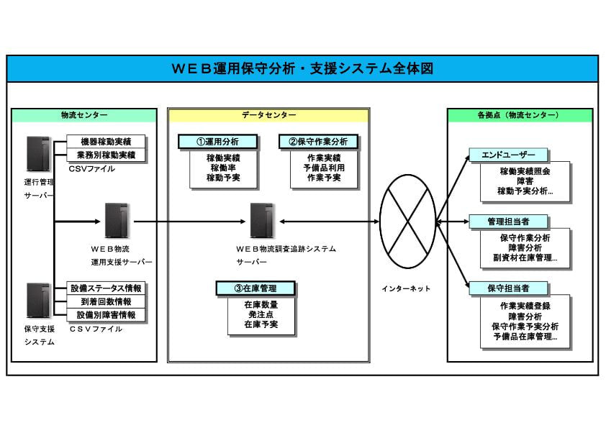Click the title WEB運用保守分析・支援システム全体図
302,69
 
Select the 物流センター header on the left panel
84,115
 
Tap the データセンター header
268,115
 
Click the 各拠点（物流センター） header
520,115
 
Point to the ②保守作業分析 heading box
318,142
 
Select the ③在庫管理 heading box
255,288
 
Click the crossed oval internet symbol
407,222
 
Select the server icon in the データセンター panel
261,222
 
